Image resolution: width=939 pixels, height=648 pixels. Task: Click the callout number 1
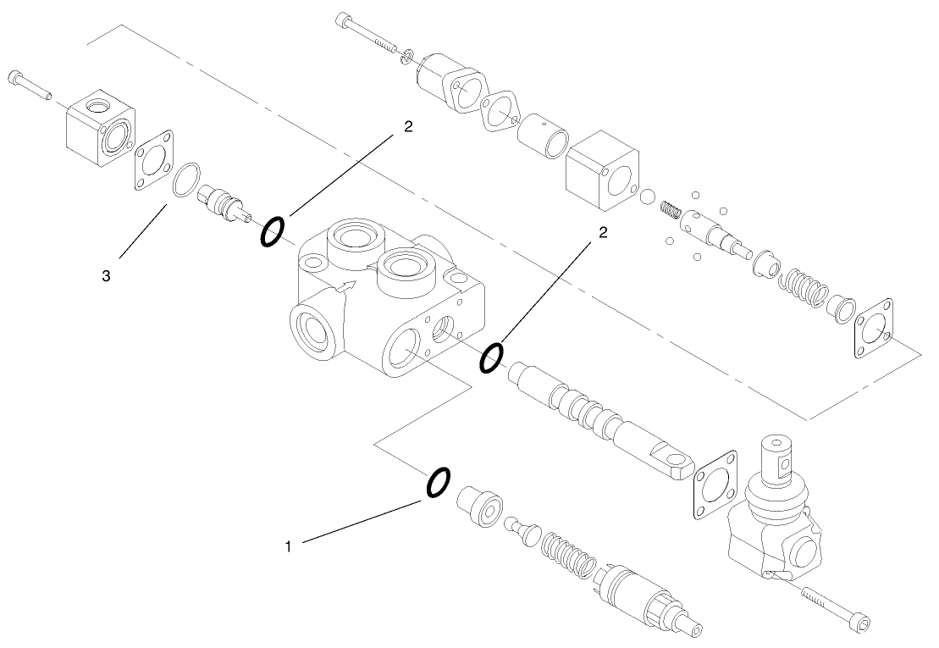pyautogui.click(x=288, y=547)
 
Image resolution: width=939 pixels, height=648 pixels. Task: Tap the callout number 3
pyautogui.click(x=106, y=275)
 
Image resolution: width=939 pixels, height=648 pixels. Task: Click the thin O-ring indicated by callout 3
pyautogui.click(x=185, y=181)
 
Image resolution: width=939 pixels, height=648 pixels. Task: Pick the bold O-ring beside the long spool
pyautogui.click(x=491, y=358)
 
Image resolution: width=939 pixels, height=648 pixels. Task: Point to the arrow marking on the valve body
pyautogui.click(x=345, y=286)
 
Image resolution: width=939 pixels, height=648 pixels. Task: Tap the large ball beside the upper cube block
pyautogui.click(x=647, y=197)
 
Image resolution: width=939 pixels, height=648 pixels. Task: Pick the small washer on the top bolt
pyautogui.click(x=408, y=54)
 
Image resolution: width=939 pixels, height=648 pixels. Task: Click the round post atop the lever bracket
pyautogui.click(x=778, y=457)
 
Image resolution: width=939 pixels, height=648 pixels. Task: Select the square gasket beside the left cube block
pyautogui.click(x=152, y=160)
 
